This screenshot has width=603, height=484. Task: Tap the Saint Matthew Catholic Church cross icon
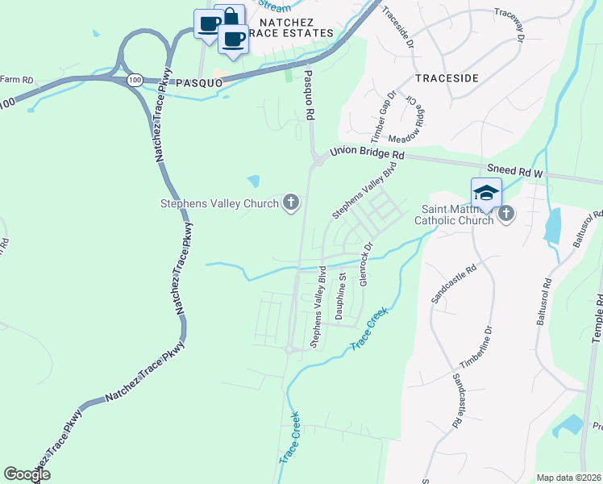coord(505,213)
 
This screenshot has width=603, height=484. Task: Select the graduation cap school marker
coord(486,193)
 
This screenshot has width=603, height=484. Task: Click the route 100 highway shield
coord(135,80)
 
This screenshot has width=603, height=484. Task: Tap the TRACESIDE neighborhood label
coord(447,78)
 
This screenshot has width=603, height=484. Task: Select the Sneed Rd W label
coord(516,171)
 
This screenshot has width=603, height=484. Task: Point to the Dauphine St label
coord(341,298)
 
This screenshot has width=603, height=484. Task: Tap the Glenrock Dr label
coord(365,263)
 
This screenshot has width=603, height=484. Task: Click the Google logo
coord(27,475)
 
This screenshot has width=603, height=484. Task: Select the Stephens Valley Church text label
coord(219,204)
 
